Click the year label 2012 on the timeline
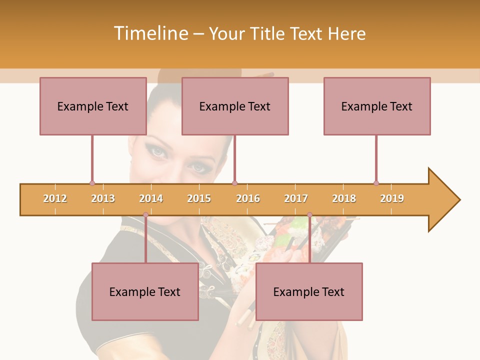(x=55, y=198)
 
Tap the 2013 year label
(x=103, y=198)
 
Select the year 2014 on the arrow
(x=151, y=198)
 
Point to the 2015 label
(x=199, y=198)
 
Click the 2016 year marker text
(x=248, y=198)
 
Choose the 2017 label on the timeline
(x=296, y=198)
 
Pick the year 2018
(x=344, y=198)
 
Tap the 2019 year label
(x=392, y=198)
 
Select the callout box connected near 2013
(x=93, y=106)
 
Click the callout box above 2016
(x=235, y=106)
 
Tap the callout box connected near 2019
(x=377, y=106)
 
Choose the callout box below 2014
(x=145, y=291)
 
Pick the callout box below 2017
(x=309, y=291)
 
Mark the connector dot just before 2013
(x=92, y=183)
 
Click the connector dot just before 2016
(x=235, y=183)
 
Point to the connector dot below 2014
(x=145, y=215)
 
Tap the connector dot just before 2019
(x=376, y=183)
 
